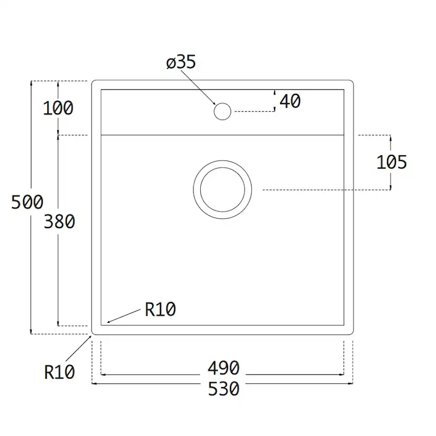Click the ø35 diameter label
point(181,62)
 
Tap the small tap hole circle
point(222,111)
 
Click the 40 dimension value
point(290,101)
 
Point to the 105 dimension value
point(391,162)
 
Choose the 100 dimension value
point(58,108)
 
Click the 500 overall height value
point(27,202)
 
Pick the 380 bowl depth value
point(59,222)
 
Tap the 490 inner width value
point(223,368)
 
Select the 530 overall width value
point(223,389)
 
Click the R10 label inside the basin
point(160,310)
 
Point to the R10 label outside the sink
point(59,372)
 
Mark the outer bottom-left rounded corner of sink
point(94,332)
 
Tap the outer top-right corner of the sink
point(351,83)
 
